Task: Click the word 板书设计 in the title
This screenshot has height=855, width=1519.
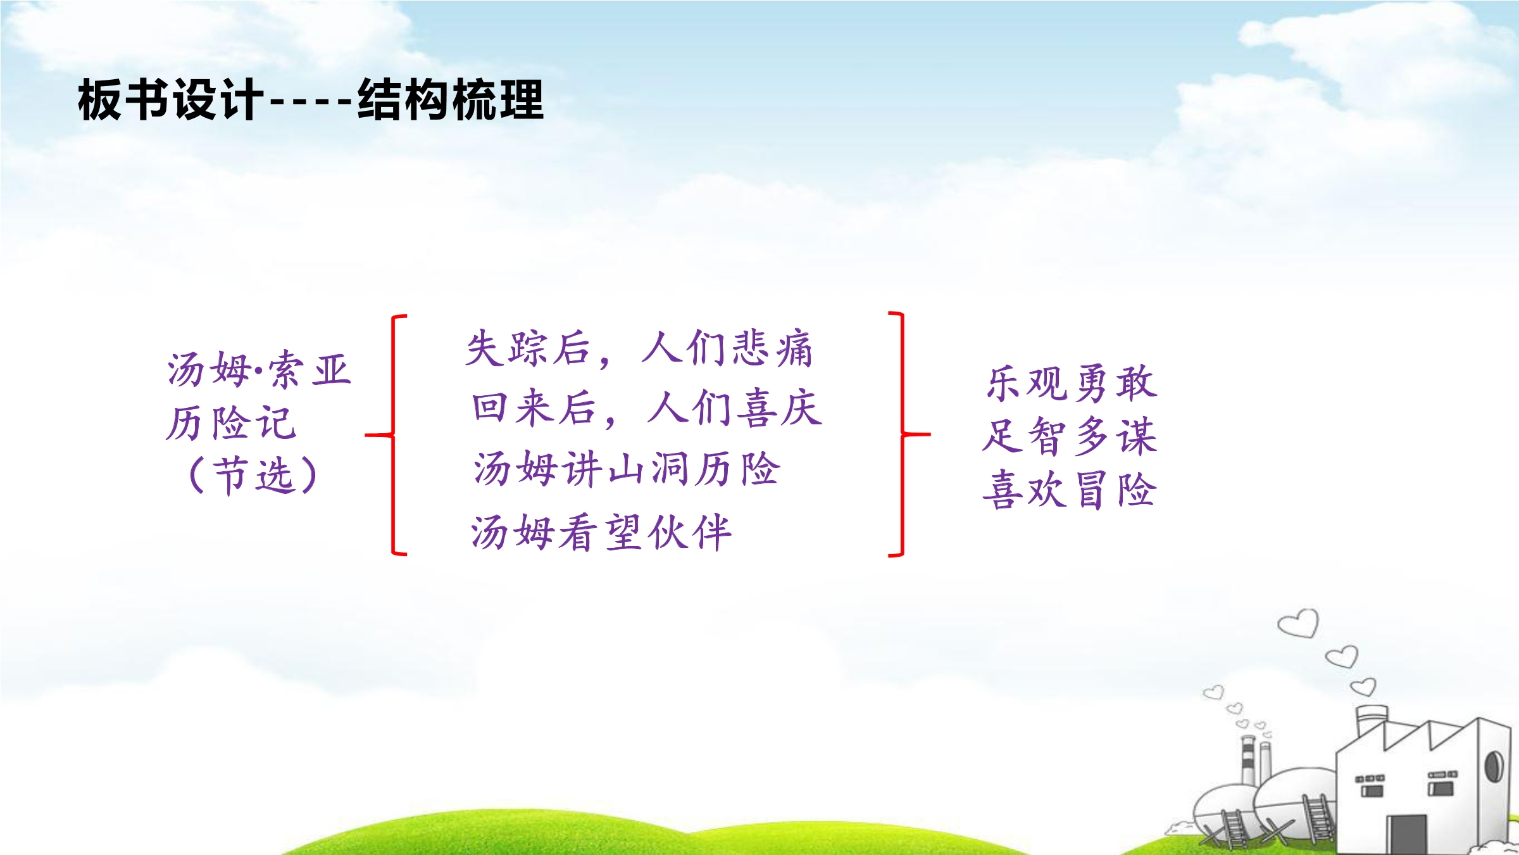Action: point(170,99)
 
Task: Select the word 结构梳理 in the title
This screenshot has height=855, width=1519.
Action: point(451,99)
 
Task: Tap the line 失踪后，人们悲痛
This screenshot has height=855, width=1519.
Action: point(639,348)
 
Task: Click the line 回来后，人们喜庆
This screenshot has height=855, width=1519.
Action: point(647,408)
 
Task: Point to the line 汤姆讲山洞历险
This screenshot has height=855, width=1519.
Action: point(627,469)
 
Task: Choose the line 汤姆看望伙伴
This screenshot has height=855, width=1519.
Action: point(601,532)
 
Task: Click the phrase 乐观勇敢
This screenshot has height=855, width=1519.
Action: point(1072,383)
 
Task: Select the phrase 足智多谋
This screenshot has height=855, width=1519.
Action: point(1070,436)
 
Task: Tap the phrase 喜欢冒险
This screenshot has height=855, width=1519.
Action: point(1070,489)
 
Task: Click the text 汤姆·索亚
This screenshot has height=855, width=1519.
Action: point(259,369)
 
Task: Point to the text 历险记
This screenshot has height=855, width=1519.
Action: point(231,422)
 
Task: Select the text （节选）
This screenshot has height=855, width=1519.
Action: point(253,475)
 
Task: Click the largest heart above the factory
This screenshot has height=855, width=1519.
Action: point(1298,623)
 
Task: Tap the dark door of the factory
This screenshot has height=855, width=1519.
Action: point(1406,834)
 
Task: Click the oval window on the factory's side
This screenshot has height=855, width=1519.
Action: point(1494,766)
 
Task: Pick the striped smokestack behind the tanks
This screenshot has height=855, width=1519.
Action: point(1247,760)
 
